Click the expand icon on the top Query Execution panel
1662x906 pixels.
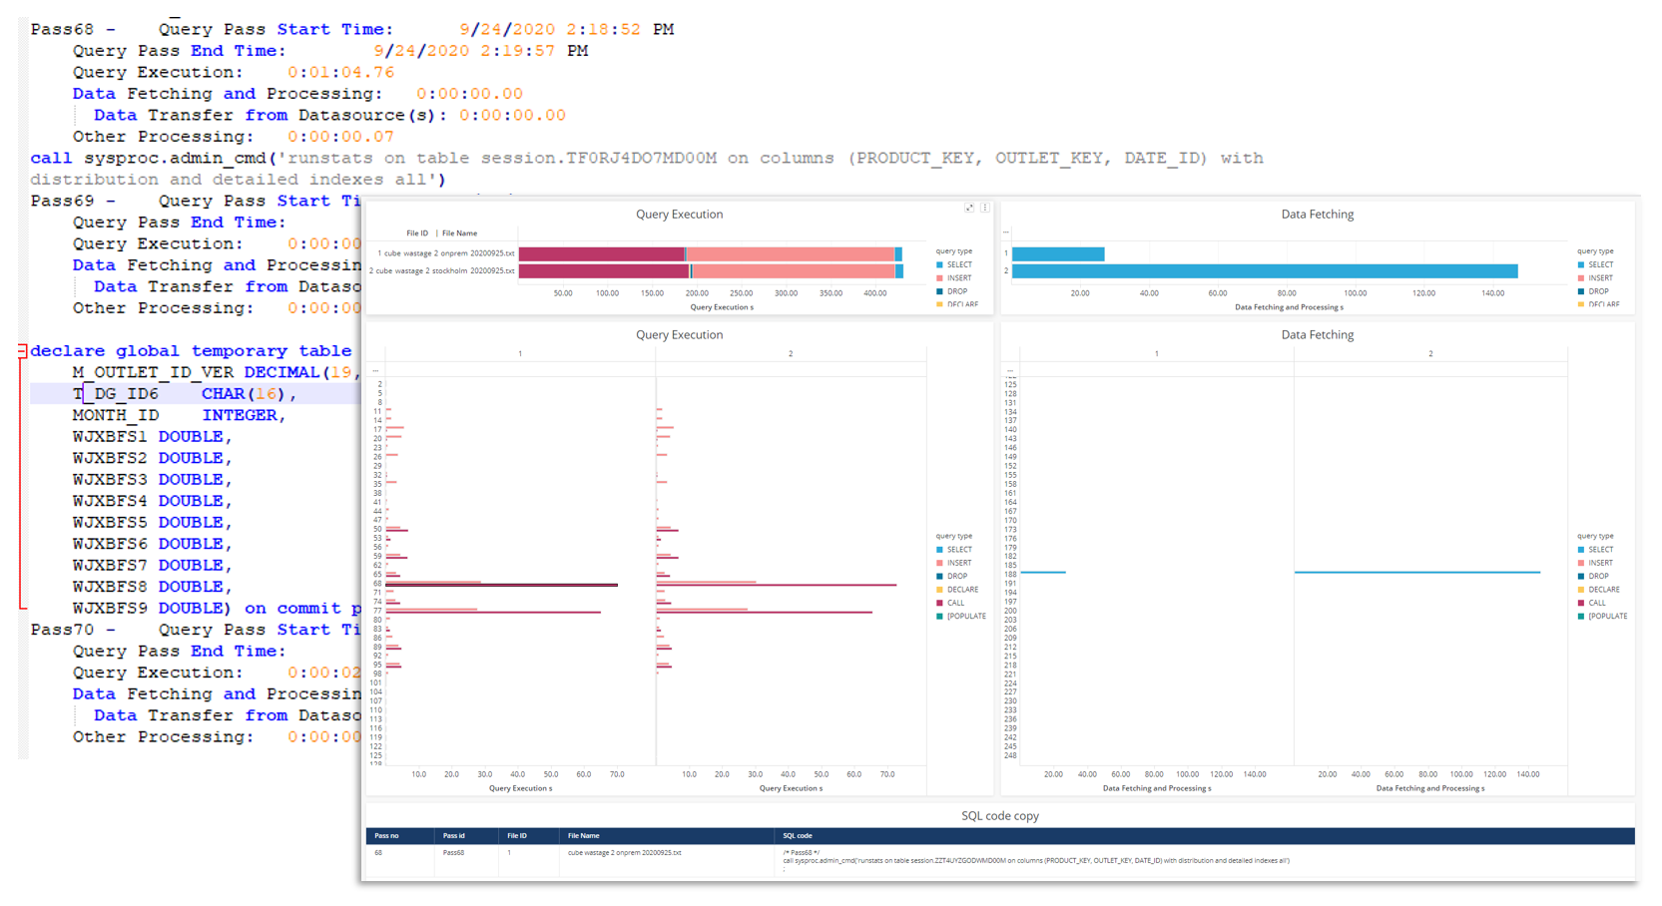968,208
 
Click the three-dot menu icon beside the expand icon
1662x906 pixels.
984,208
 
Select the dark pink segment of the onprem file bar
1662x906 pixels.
601,253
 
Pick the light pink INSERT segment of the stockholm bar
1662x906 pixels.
794,270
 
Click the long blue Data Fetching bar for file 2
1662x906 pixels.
1264,270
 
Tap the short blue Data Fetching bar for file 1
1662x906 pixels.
1058,253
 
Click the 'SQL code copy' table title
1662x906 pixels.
999,815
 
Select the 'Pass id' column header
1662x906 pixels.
454,835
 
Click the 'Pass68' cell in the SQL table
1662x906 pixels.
454,853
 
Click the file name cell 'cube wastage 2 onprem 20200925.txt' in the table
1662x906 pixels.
624,853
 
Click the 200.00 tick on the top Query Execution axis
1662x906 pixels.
697,293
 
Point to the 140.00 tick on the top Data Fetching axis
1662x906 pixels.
1492,293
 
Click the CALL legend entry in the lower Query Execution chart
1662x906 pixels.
955,603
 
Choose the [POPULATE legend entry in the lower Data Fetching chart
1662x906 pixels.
1607,616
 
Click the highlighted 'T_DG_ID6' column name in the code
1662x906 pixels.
115,394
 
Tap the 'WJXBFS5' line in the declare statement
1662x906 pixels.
110,523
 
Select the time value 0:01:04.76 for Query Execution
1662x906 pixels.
340,73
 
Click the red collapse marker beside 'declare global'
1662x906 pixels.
22,351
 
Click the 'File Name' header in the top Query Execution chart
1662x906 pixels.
459,233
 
